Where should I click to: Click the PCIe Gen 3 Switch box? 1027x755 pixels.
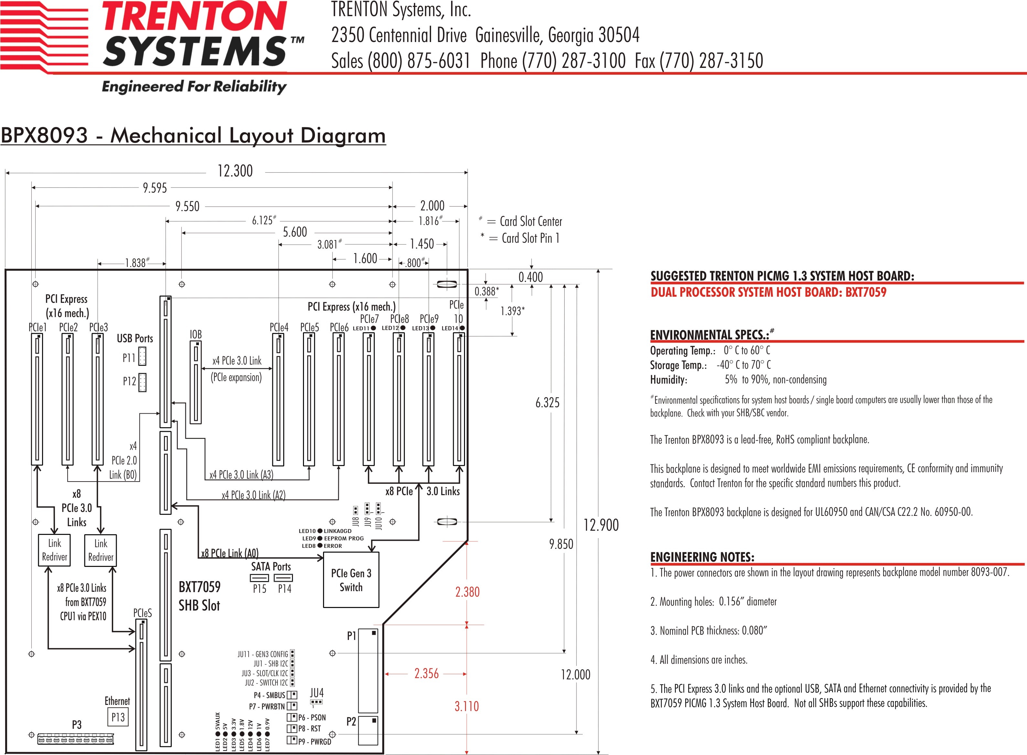pos(351,580)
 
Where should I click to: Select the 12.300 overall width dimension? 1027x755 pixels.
pos(235,171)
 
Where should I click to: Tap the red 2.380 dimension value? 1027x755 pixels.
pos(467,592)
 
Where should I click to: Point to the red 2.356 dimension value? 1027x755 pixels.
pos(426,673)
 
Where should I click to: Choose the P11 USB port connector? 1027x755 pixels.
pos(142,356)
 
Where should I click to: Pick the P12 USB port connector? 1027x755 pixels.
pos(142,382)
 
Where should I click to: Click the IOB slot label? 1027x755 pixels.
pos(196,335)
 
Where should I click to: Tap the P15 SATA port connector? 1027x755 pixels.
pos(259,578)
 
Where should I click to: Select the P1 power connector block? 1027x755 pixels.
pos(368,670)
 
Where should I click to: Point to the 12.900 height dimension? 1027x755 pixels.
pos(601,525)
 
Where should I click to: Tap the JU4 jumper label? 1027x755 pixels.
pos(317,693)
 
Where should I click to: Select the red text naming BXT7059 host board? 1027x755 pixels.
pos(768,292)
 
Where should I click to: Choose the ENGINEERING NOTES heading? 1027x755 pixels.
pos(702,557)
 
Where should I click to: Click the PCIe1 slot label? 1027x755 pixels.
pos(38,327)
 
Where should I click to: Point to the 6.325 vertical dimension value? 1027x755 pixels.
pos(547,403)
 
